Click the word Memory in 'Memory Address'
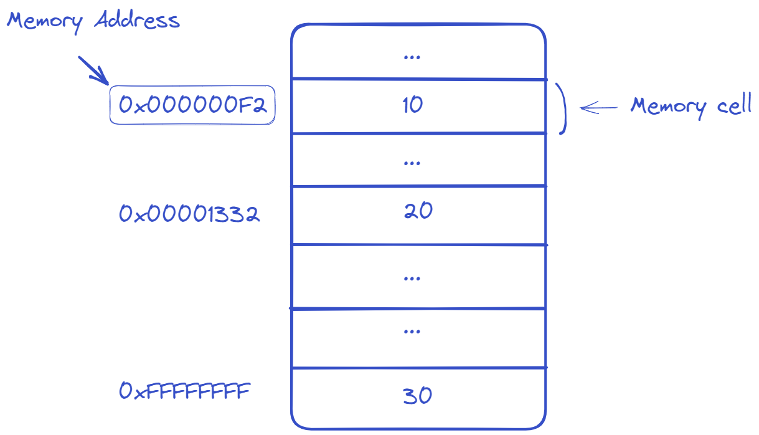pyautogui.click(x=44, y=22)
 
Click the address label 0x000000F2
pyautogui.click(x=192, y=105)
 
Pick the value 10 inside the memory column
pyautogui.click(x=412, y=105)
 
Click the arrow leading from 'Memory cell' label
pyautogui.click(x=598, y=108)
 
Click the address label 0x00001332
pyautogui.click(x=189, y=214)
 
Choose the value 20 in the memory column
pyautogui.click(x=418, y=211)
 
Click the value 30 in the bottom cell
pyautogui.click(x=417, y=396)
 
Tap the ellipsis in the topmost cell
pyautogui.click(x=412, y=57)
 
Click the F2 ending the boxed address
pyautogui.click(x=255, y=105)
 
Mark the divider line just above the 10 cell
pyautogui.click(x=418, y=79)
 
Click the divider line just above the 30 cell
pyautogui.click(x=418, y=368)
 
